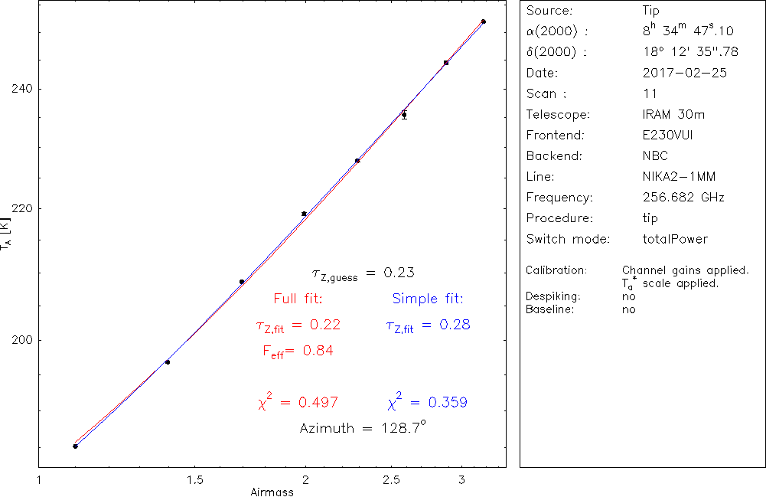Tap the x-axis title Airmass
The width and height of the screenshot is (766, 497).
(x=272, y=492)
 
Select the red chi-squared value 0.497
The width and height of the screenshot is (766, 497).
(x=298, y=402)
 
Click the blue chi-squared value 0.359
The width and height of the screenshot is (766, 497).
(x=428, y=402)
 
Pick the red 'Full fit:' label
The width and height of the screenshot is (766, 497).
(x=298, y=298)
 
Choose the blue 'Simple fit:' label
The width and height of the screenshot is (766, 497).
(x=428, y=298)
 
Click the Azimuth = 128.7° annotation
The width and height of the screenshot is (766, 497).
(x=362, y=427)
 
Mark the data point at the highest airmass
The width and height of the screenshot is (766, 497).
(x=483, y=21)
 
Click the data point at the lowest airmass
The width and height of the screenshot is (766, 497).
(x=75, y=446)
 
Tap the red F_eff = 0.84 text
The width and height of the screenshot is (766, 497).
(x=298, y=351)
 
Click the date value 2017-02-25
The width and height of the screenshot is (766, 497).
(x=684, y=73)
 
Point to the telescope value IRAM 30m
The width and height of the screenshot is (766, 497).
(x=673, y=114)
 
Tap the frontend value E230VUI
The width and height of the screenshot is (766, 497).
(x=668, y=135)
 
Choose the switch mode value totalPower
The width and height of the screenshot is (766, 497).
(x=675, y=239)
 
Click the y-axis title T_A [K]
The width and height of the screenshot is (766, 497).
(x=7, y=234)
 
